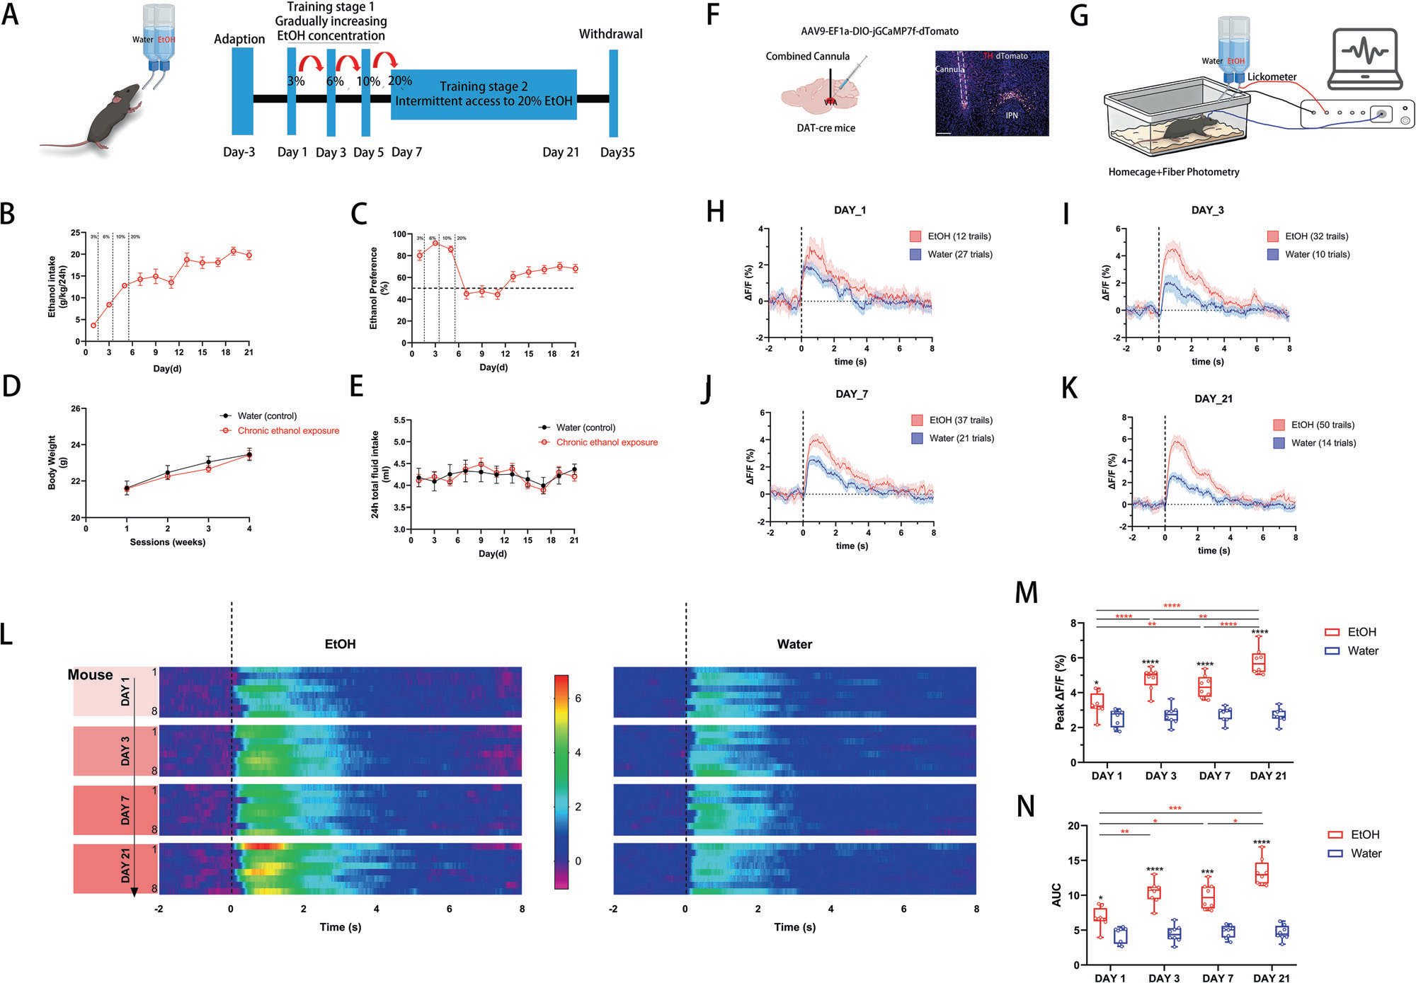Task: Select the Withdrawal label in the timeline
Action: coord(610,34)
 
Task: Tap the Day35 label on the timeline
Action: coord(617,152)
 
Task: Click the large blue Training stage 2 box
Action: coord(484,94)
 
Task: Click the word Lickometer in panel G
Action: coord(1272,76)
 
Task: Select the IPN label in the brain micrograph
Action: coord(1012,115)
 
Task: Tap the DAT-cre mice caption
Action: coord(826,128)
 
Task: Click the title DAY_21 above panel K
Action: coord(1213,399)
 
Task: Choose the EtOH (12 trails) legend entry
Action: coord(959,236)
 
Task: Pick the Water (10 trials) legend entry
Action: coord(1317,255)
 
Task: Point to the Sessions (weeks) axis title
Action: coord(167,542)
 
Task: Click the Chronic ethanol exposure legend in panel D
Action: coord(287,431)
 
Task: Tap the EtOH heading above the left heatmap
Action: coord(340,645)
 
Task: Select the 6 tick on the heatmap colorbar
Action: coord(578,699)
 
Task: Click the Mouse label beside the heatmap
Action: coord(90,675)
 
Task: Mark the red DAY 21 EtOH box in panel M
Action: coord(1258,662)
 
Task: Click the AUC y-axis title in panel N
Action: coord(1056,895)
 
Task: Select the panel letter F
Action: coord(714,14)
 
